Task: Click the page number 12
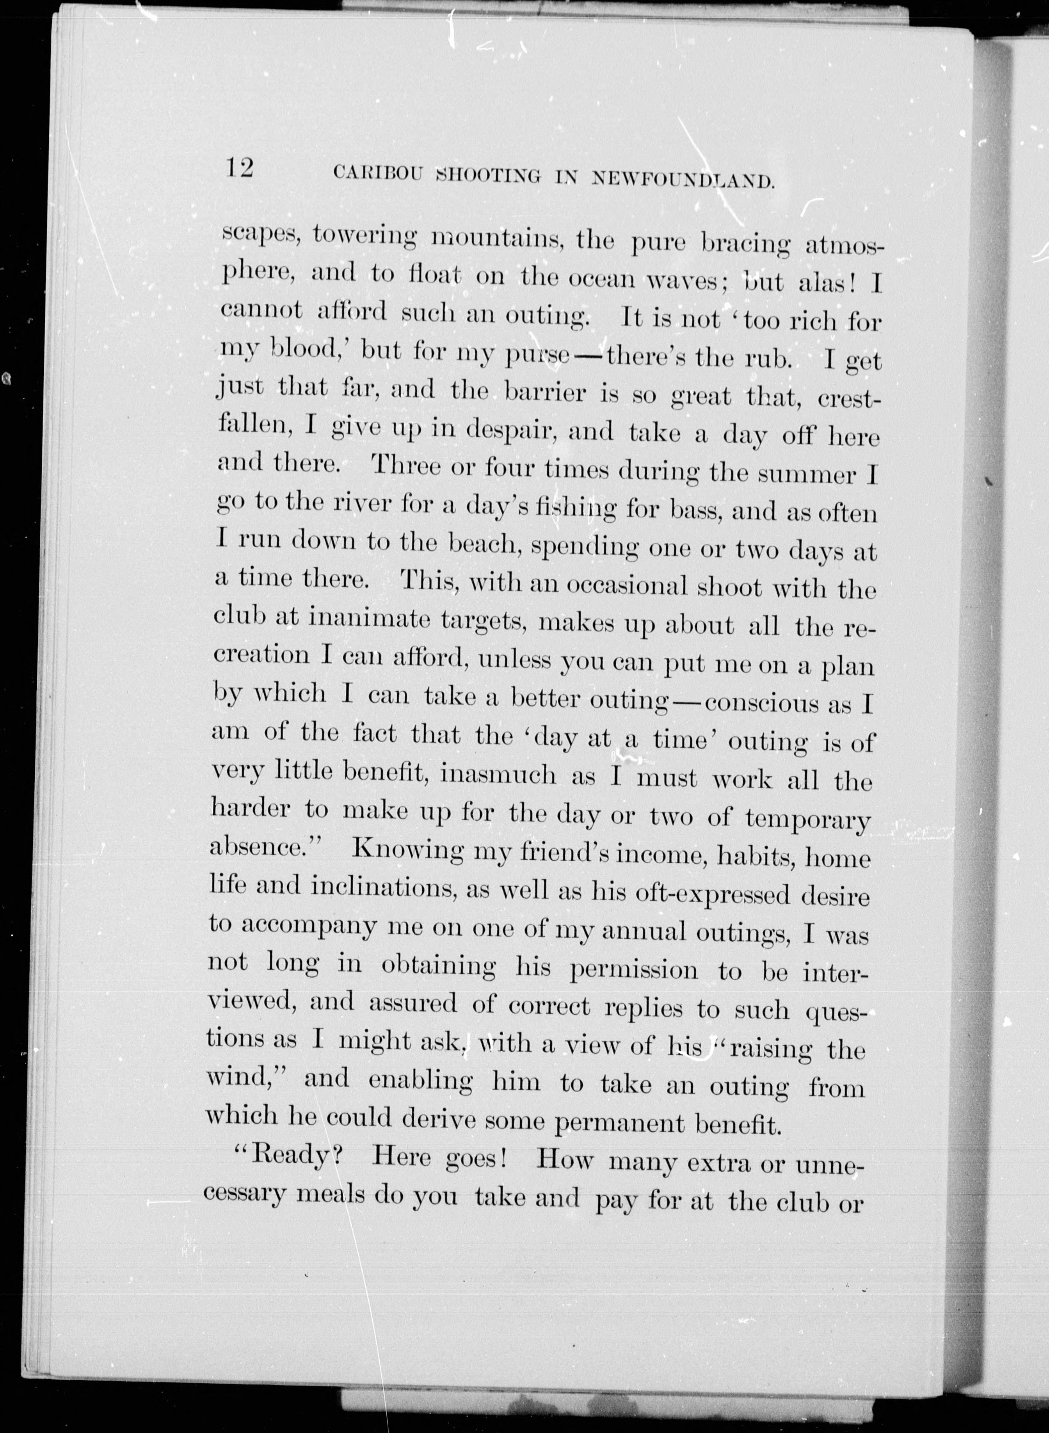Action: pos(239,168)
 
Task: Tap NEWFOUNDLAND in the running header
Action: pos(683,180)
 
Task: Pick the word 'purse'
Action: pos(537,354)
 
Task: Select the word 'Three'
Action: pos(406,466)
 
